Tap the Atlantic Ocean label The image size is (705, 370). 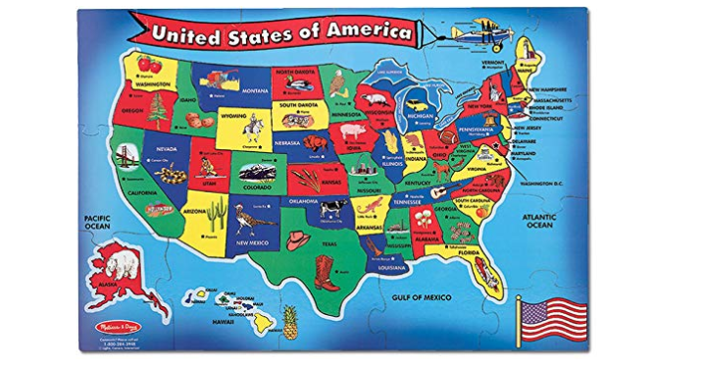[539, 221]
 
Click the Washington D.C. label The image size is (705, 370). [545, 184]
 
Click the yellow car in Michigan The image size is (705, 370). [417, 101]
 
